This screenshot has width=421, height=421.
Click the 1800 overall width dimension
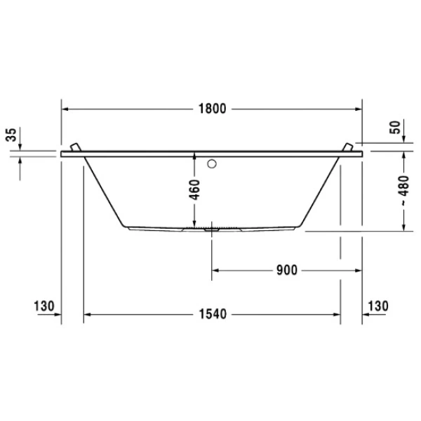click(x=211, y=109)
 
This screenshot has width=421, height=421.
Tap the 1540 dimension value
click(x=211, y=315)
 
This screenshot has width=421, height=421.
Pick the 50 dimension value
click(x=395, y=128)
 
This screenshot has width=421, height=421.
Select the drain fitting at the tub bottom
click(x=211, y=227)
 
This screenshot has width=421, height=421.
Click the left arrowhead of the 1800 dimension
click(x=65, y=109)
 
